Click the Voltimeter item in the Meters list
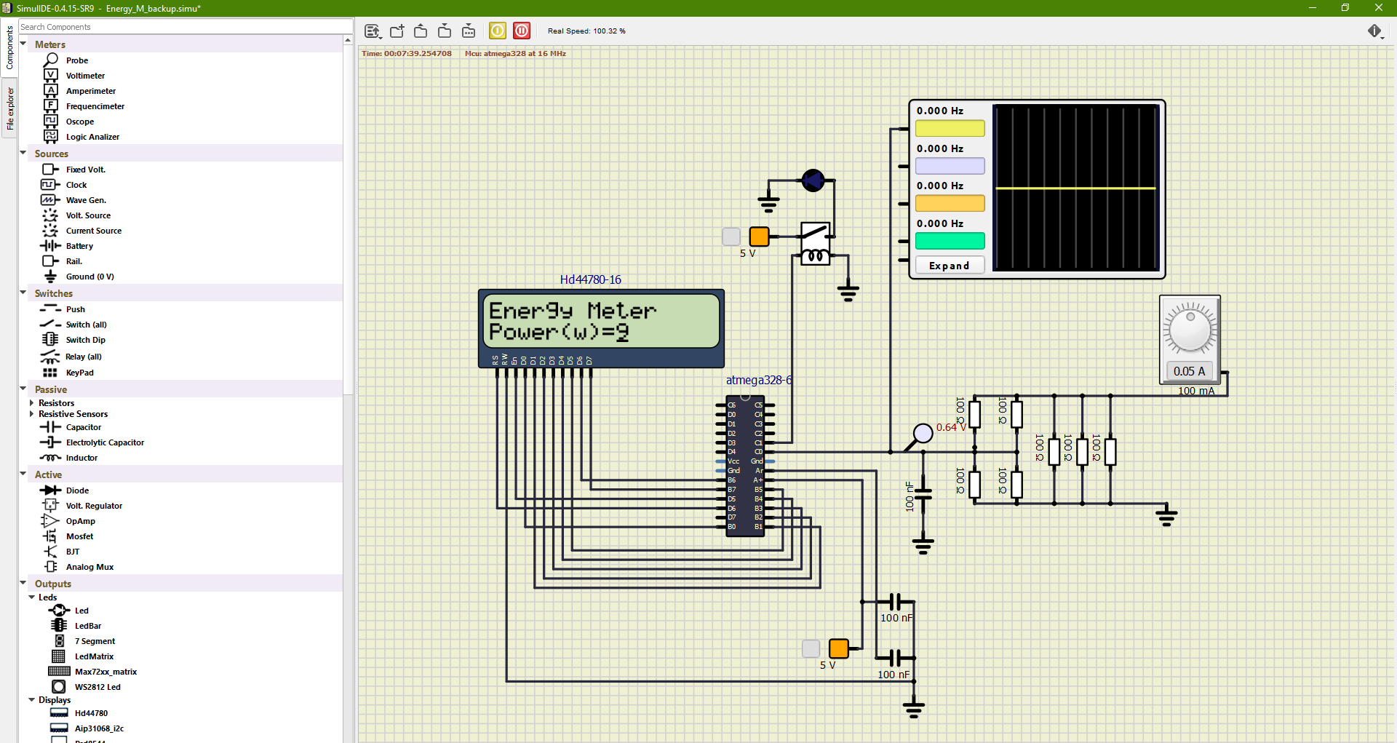[x=85, y=76]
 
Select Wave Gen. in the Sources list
[x=86, y=200]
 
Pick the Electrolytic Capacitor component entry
[x=105, y=442]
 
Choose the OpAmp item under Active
[x=80, y=521]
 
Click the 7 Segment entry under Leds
[x=95, y=641]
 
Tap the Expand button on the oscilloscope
[x=950, y=266]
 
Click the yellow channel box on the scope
[x=950, y=129]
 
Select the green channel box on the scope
[x=950, y=241]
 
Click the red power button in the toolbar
[x=522, y=31]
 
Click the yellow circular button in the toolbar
[x=498, y=31]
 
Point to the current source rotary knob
[x=1190, y=330]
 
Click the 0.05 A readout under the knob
[x=1189, y=371]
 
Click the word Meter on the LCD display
[x=621, y=311]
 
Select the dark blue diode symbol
[x=813, y=180]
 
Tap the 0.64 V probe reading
[x=951, y=427]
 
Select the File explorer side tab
[x=9, y=108]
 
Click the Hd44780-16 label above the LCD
[x=590, y=279]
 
